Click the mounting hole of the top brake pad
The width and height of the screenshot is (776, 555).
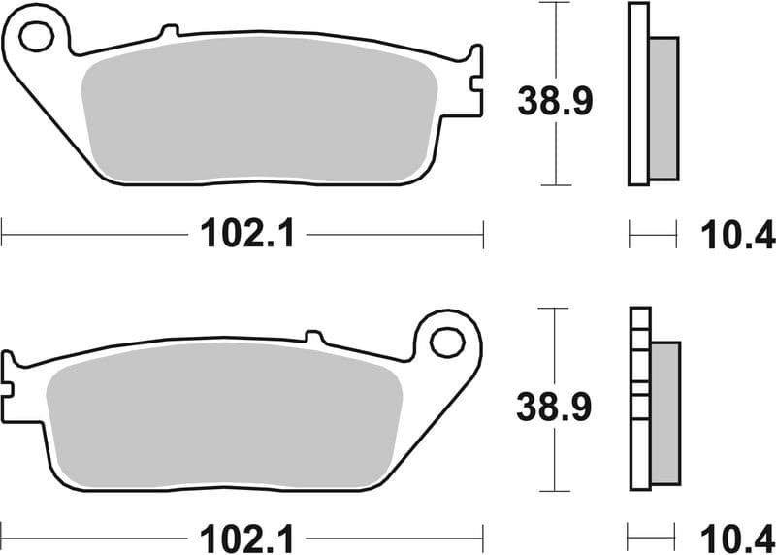coord(36,37)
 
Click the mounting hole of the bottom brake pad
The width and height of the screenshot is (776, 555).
coord(447,342)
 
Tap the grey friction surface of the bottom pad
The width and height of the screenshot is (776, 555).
coord(223,419)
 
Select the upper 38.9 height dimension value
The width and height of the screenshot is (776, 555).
coord(555,101)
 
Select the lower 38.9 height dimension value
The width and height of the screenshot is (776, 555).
coord(555,409)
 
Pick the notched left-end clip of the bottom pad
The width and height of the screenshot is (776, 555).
coord(9,386)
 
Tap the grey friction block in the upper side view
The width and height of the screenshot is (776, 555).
coord(663,108)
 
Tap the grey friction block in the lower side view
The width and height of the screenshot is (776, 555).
coord(665,413)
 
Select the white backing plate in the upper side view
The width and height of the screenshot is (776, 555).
coord(637,93)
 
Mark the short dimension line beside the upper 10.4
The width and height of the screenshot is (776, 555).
coord(652,234)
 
